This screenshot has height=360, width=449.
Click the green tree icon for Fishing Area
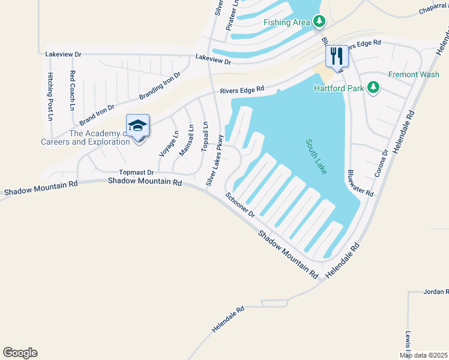point(319,22)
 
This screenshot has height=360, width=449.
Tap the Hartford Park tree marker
point(373,88)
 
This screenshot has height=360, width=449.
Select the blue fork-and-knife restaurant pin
point(336,57)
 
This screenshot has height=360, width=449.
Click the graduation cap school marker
point(137,125)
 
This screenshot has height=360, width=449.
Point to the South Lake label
point(316,157)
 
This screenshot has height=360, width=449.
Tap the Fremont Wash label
point(414,74)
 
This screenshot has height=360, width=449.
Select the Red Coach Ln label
point(72,91)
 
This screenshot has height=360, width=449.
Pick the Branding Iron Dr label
point(160,86)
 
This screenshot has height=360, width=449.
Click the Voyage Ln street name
point(169,143)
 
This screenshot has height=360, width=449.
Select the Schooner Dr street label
point(241,205)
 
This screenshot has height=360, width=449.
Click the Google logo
point(20,353)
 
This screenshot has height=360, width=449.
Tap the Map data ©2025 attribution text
point(423,355)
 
